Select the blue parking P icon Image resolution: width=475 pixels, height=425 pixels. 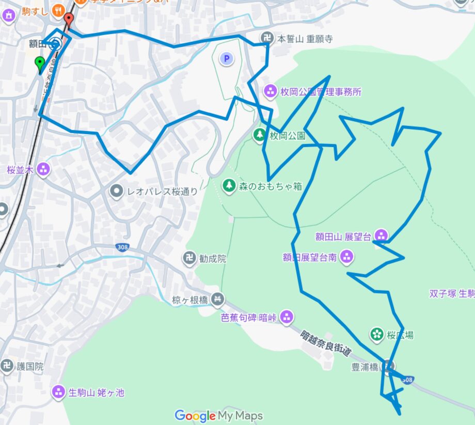pos(226,59)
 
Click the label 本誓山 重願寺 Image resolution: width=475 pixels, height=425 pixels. pos(305,38)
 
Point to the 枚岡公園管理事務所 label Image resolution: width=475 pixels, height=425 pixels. pos(321,92)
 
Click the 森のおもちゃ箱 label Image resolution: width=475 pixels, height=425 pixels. pos(270,186)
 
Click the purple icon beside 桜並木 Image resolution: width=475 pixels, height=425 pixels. pos(43,169)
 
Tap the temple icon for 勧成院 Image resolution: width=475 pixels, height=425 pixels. pos(189,258)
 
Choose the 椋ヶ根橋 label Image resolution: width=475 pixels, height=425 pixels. pos(191,299)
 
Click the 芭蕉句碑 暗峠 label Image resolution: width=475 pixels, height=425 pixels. pos(250,317)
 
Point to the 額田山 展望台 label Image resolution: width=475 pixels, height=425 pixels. pos(343,237)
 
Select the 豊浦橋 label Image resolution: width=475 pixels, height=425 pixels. pos(365,367)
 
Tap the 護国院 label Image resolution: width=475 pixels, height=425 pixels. pos(30,367)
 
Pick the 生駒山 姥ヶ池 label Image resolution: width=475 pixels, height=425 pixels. pos(97,392)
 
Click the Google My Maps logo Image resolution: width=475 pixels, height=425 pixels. pos(218,416)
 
